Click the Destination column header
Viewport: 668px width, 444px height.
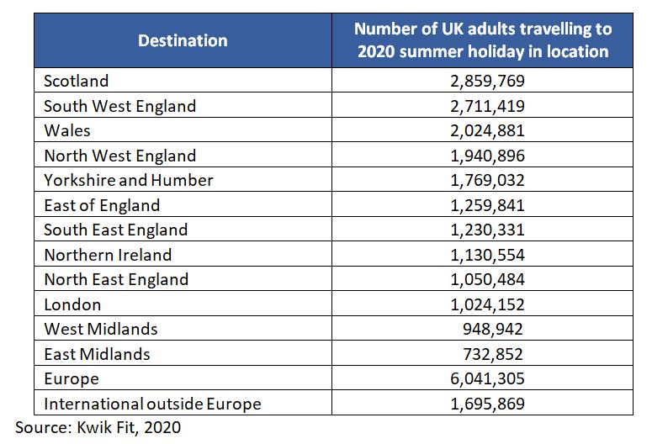click(183, 40)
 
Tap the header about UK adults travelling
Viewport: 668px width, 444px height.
click(482, 40)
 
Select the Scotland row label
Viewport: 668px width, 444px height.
click(77, 82)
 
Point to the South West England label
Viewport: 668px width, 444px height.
click(119, 106)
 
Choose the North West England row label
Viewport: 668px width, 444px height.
click(119, 156)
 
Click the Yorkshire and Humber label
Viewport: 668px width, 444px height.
click(129, 180)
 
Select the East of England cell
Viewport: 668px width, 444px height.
click(102, 205)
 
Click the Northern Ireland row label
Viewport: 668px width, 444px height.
click(108, 255)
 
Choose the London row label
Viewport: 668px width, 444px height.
click(72, 304)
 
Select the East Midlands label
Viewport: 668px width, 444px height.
click(97, 354)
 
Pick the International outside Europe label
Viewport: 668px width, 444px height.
click(152, 404)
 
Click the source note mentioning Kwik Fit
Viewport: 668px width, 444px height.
click(98, 427)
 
